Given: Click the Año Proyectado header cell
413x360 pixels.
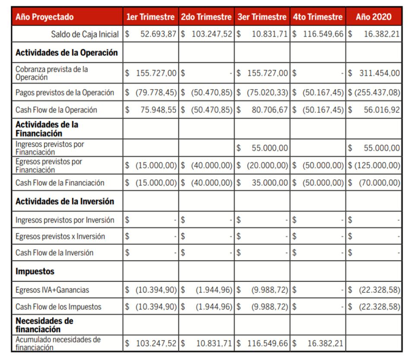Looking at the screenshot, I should (44, 17).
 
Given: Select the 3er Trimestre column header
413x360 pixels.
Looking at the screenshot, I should (262, 17).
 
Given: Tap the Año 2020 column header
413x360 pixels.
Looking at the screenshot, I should (374, 17).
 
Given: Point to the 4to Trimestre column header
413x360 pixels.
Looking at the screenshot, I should (318, 17).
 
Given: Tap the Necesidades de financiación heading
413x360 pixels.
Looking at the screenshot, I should (44, 325).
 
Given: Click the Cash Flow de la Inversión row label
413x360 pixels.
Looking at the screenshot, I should (54, 253).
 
